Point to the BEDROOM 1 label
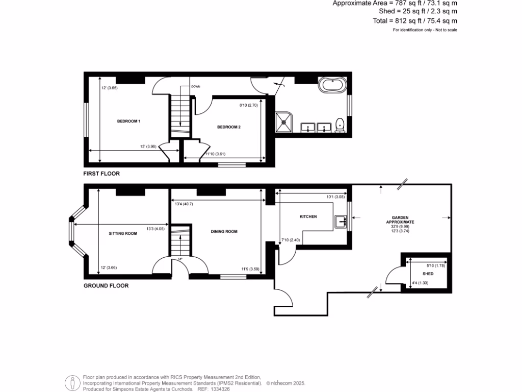click(x=128, y=121)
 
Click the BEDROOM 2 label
click(x=228, y=127)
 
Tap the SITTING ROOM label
click(x=123, y=233)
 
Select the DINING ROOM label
click(x=224, y=231)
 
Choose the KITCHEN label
click(x=308, y=216)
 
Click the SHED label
click(x=428, y=274)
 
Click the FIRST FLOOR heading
click(x=102, y=174)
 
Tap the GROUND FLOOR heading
click(x=106, y=286)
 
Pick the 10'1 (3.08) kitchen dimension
click(x=336, y=197)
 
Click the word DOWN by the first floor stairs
click(x=196, y=87)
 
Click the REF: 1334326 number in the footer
click(x=210, y=388)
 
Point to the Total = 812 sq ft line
click(x=415, y=21)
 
